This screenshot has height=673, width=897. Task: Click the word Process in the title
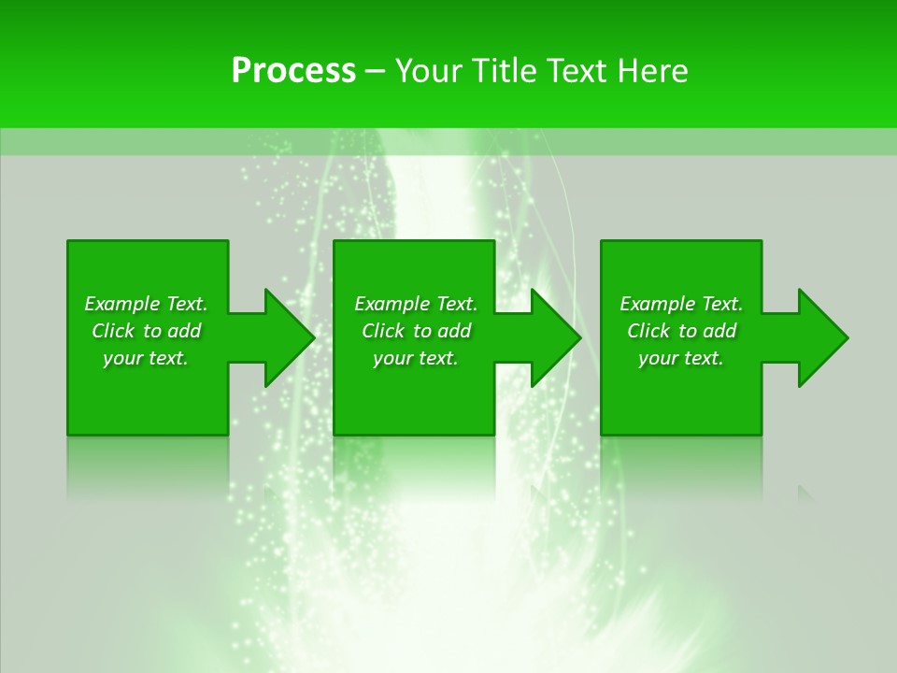point(293,71)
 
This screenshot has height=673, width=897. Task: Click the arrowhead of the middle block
point(557,337)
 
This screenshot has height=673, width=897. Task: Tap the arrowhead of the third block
point(823,337)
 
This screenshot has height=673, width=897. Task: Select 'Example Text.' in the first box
point(146,304)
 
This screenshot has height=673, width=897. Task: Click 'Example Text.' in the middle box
point(416,304)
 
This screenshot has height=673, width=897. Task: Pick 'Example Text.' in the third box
point(681,304)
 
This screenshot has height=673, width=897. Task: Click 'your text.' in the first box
point(146,358)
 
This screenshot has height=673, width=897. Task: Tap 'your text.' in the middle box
point(416,358)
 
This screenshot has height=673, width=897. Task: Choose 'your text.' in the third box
point(681,358)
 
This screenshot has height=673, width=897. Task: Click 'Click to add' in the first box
point(146,331)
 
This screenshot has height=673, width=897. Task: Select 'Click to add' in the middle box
point(416,331)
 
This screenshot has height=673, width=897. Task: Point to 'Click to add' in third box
point(681,331)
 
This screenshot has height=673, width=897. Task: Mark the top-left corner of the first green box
point(68,242)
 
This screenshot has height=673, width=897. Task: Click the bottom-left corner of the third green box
point(602,434)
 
